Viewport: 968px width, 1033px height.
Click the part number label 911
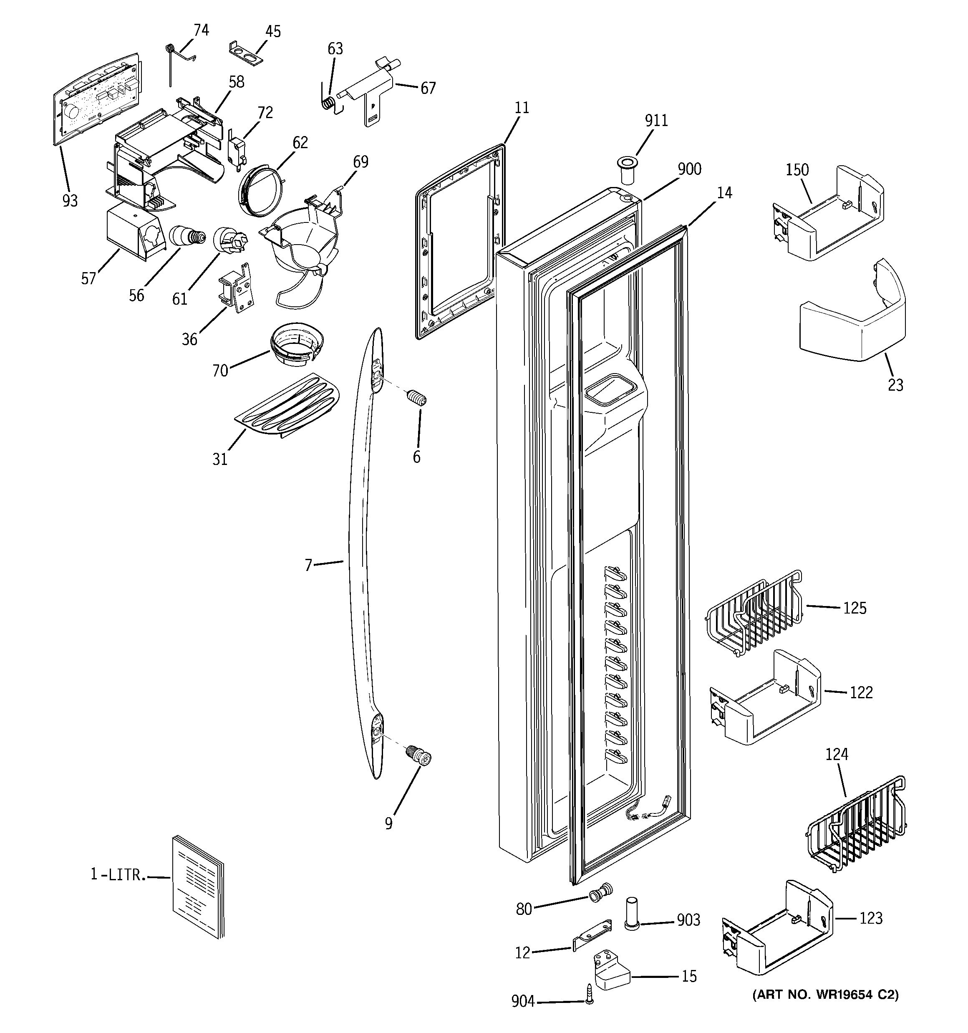pos(656,121)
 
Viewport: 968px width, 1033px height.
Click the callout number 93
pos(70,201)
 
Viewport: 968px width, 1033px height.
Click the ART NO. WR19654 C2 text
pos(825,995)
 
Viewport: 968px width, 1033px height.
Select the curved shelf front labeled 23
pos(853,326)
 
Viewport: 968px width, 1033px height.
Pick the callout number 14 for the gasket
pos(724,193)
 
